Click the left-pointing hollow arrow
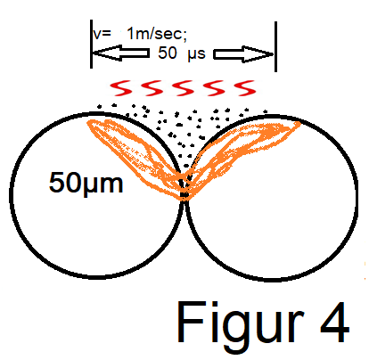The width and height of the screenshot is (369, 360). click(120, 53)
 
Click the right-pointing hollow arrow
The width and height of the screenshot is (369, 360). click(243, 54)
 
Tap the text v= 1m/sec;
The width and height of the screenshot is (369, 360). click(140, 34)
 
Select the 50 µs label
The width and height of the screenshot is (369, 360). click(182, 53)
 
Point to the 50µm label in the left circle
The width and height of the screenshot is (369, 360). click(86, 184)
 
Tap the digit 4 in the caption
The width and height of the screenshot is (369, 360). click(334, 322)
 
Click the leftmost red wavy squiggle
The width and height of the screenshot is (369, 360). click(121, 88)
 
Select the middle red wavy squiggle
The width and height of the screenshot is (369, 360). click(183, 88)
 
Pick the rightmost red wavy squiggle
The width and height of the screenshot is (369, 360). click(245, 88)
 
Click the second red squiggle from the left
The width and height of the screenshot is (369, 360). click(152, 88)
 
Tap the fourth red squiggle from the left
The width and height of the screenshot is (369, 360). click(214, 88)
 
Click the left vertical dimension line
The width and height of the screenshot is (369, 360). click(91, 44)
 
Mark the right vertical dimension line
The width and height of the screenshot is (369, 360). click(275, 46)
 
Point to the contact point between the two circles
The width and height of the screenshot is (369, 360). click(184, 200)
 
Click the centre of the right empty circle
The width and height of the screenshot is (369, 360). click(272, 198)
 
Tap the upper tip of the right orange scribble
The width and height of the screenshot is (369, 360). click(299, 123)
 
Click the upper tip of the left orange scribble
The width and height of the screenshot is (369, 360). click(88, 122)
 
